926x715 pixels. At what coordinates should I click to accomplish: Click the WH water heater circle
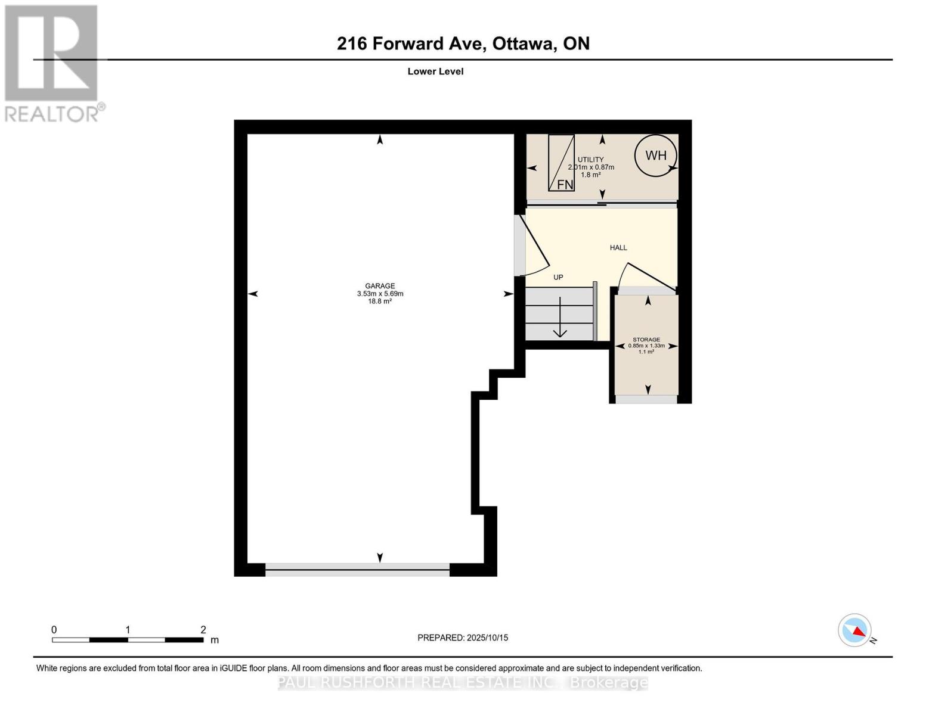point(656,156)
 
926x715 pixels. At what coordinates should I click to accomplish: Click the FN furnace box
point(561,163)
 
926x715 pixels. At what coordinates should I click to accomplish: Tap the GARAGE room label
point(380,286)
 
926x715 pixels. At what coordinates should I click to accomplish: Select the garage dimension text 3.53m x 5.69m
point(380,294)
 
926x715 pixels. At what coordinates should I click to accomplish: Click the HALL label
point(618,248)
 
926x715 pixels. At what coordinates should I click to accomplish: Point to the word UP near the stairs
point(558,277)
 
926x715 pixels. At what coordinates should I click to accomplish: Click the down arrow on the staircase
point(560,319)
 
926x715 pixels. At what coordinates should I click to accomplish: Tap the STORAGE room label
point(646,340)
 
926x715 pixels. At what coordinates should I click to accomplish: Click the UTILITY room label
point(590,160)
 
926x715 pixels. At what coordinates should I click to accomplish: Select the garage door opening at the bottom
point(357,570)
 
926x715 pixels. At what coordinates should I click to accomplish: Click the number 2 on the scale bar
point(203,630)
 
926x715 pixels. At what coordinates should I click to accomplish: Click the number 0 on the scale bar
point(54,630)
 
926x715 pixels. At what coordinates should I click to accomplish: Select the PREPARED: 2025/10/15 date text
point(463,638)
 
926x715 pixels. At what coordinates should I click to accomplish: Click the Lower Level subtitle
point(435,71)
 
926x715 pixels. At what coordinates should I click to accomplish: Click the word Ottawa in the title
point(521,43)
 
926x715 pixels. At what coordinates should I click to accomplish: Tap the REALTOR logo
point(52,63)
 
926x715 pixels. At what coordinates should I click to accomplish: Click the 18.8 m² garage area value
point(380,301)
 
